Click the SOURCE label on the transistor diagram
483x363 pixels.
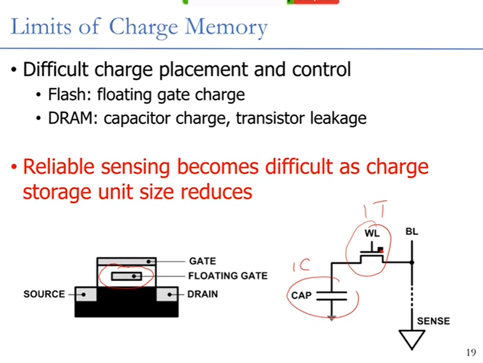tap(44, 294)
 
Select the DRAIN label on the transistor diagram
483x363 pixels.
tap(203, 294)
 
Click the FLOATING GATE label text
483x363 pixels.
tap(228, 276)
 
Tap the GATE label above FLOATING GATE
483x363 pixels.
tap(202, 261)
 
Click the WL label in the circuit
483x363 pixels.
tap(372, 234)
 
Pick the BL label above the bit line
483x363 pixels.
tap(412, 232)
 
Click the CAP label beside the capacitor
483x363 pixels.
tap(301, 295)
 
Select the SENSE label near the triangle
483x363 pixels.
tap(433, 321)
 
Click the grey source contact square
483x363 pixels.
tap(85, 295)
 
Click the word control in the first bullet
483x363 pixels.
tap(321, 69)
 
